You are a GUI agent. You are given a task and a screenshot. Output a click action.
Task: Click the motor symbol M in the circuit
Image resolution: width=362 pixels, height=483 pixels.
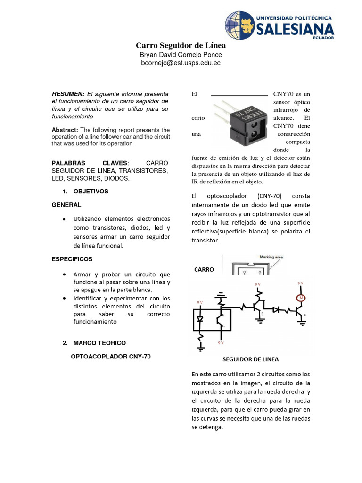click(x=301, y=298)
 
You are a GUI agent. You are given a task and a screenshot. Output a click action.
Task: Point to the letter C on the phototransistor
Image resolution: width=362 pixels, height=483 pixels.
click(x=223, y=326)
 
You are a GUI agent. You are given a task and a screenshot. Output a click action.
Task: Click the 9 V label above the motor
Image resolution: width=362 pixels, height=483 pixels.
click(x=301, y=283)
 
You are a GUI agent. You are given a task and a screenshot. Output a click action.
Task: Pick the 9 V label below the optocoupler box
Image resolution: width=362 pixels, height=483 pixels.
click(x=221, y=343)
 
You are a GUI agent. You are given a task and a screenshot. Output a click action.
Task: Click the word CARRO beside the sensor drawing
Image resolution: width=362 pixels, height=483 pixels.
click(x=204, y=270)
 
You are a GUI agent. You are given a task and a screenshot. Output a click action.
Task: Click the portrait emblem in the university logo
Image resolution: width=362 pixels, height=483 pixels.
click(x=239, y=25)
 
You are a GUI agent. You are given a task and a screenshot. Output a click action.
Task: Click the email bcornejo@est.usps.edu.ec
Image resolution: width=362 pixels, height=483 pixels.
click(x=181, y=63)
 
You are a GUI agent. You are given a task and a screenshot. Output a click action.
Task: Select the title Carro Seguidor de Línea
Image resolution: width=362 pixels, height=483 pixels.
click(x=181, y=46)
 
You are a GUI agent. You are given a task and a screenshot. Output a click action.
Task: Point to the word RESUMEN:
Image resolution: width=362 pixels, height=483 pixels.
click(x=68, y=94)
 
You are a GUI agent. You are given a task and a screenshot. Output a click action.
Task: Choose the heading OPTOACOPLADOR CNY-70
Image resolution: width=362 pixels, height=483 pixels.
click(x=110, y=357)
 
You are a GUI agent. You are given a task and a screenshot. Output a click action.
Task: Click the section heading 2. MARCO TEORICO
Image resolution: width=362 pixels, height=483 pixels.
click(x=94, y=343)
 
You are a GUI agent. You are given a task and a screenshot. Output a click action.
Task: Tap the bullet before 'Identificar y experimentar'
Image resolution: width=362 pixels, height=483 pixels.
click(x=64, y=299)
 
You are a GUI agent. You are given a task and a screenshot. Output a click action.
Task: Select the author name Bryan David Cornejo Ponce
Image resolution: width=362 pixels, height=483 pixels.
click(x=181, y=55)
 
